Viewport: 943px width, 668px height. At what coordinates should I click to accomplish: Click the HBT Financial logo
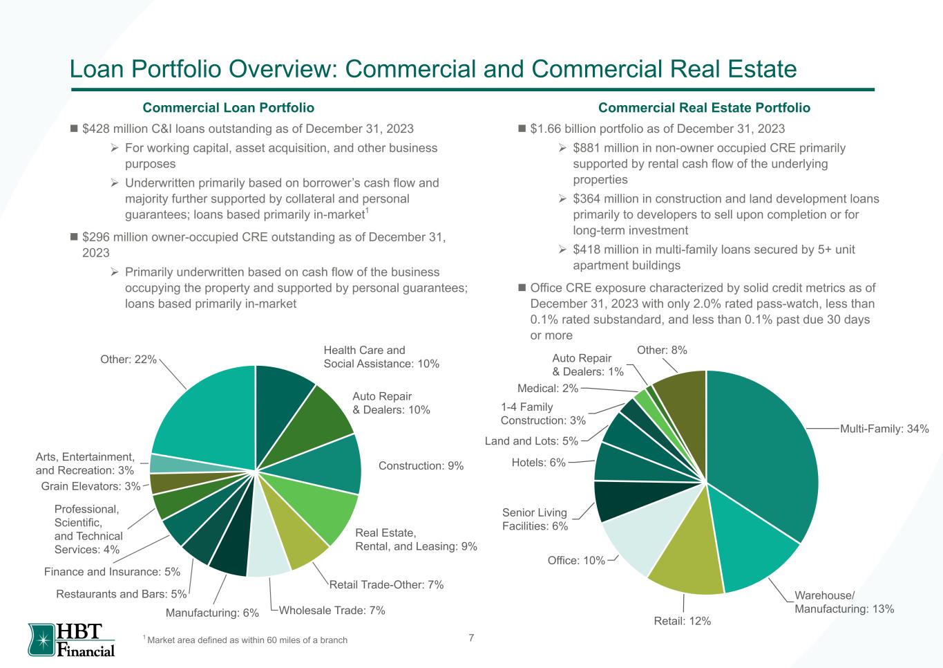(71, 640)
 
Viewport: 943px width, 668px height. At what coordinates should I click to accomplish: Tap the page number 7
(471, 638)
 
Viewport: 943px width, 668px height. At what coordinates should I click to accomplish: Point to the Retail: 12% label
(682, 621)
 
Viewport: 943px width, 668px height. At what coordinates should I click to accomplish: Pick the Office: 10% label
(576, 560)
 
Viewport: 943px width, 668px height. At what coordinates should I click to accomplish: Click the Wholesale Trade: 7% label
(332, 610)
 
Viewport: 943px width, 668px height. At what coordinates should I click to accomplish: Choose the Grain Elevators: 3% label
(91, 487)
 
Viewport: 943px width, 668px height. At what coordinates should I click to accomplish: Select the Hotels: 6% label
(538, 462)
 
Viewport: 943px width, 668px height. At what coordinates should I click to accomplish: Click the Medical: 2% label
(547, 388)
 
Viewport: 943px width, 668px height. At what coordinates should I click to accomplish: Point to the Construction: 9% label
(421, 466)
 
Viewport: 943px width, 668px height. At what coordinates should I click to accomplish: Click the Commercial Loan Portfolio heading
(228, 108)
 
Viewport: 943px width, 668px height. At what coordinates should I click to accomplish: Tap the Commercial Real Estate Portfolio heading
(704, 108)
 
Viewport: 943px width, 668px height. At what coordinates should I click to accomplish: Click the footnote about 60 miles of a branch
(247, 640)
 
